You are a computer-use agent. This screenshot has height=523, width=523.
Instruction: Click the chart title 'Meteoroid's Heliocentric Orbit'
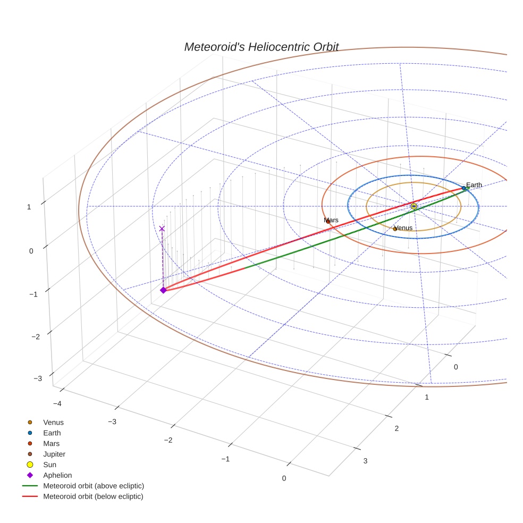261,47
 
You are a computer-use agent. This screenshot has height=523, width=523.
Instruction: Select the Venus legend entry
53,422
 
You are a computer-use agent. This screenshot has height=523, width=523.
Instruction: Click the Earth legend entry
52,433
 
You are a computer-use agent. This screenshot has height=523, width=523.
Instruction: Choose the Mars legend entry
52,443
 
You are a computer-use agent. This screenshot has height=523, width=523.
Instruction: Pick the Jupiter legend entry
54,454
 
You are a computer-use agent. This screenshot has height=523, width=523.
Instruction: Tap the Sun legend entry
50,465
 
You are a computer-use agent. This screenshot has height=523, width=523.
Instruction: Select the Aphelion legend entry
57,475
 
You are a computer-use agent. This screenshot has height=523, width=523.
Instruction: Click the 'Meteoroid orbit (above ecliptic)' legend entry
94,486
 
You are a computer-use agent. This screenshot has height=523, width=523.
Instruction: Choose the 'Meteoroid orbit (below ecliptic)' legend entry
93,496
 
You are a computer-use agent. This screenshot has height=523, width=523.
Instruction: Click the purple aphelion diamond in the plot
163,290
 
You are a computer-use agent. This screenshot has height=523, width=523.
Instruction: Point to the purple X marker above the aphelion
162,229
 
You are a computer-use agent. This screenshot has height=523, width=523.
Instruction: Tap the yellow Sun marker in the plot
414,206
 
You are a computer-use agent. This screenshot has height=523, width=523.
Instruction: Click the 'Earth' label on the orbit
474,185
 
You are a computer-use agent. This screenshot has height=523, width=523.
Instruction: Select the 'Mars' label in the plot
331,220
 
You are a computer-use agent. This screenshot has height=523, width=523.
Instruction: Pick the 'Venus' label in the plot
404,228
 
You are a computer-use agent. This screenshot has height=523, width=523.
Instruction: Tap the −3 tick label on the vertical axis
38,378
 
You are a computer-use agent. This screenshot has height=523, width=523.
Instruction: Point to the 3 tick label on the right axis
365,461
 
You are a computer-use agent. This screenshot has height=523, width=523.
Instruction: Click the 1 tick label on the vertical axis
29,207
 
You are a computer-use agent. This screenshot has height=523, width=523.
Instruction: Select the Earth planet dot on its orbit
463,188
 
